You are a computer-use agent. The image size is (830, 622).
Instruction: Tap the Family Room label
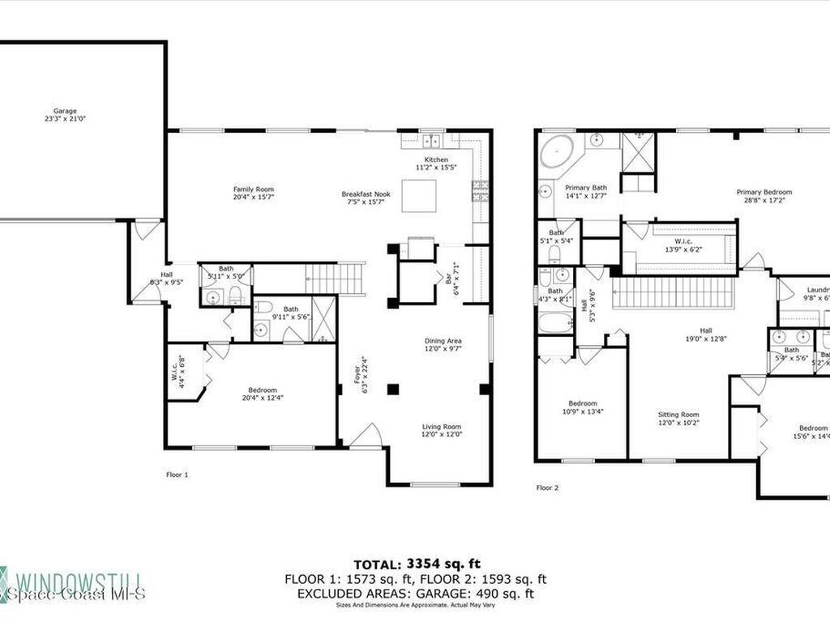(x=254, y=193)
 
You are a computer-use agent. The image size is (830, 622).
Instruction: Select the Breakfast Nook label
(x=366, y=198)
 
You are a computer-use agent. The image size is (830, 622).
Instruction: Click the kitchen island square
(x=419, y=195)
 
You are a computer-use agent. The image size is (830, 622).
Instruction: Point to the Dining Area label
(x=443, y=345)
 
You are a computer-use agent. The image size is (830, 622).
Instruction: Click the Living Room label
(x=442, y=430)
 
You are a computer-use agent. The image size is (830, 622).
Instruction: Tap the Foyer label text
(x=366, y=377)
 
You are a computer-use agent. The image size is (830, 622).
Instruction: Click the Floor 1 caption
(x=176, y=475)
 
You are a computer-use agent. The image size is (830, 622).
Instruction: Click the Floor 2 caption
(x=547, y=488)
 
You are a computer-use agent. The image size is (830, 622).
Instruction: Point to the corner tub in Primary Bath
(x=556, y=152)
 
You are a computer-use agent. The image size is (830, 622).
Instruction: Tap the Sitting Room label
(x=678, y=418)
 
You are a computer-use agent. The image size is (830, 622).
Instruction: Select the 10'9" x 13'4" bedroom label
(x=582, y=407)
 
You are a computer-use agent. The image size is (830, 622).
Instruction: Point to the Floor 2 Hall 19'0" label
(x=706, y=334)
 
